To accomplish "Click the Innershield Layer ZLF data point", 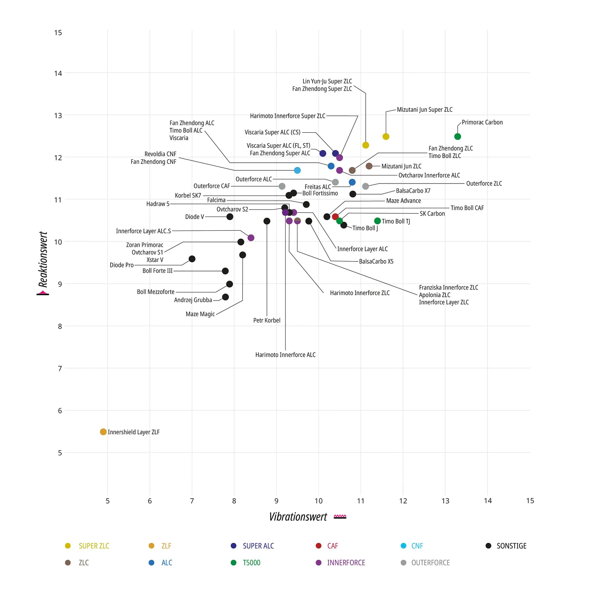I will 103,432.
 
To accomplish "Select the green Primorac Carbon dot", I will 458,136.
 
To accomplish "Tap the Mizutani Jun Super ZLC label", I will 424,110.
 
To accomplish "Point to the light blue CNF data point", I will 297,170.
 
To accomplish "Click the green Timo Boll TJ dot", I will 377,221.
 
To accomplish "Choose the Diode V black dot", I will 230,217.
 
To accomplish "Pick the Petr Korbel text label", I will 267,320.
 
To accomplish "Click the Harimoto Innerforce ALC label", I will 285,355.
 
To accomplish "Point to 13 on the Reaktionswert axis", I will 58,116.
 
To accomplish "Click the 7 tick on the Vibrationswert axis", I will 192,501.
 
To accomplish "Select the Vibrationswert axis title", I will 298,517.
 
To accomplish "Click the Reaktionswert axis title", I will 43,259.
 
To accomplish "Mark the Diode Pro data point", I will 192,259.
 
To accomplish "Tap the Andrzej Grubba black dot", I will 225,297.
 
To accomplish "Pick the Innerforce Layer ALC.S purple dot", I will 251,238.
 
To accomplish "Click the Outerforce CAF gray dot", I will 282,186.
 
